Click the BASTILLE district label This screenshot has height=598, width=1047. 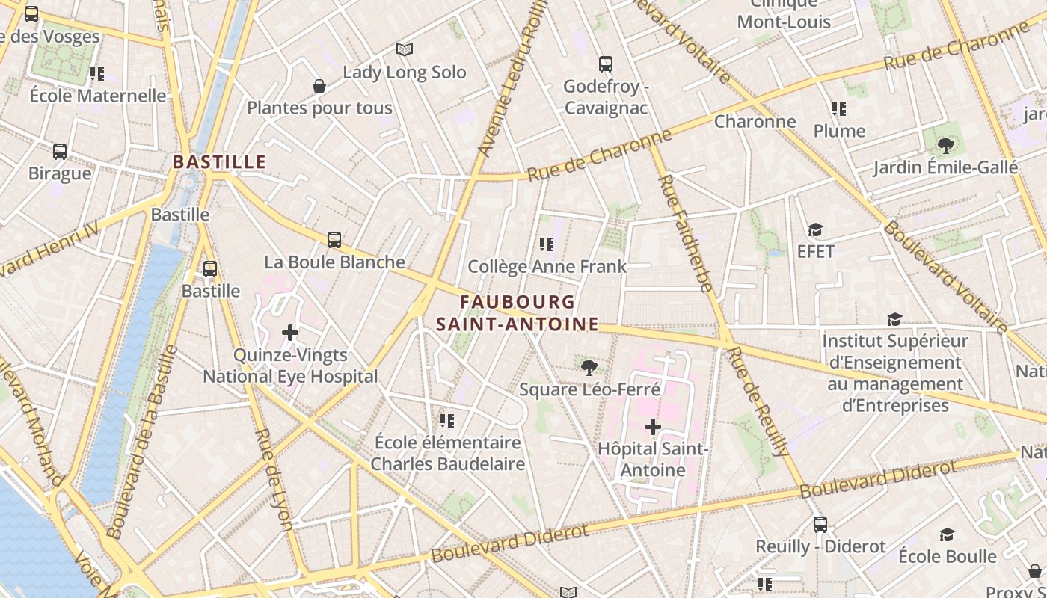click(x=219, y=161)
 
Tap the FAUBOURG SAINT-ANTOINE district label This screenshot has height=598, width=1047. click(x=518, y=313)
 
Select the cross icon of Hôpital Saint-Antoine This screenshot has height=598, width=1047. click(x=653, y=427)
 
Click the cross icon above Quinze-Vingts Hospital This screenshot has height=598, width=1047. click(x=290, y=333)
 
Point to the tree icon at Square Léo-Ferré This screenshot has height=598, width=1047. click(x=589, y=367)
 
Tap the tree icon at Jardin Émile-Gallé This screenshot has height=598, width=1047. click(x=945, y=145)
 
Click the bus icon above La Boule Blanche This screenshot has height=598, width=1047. click(x=334, y=240)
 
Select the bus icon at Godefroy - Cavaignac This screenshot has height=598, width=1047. click(x=606, y=64)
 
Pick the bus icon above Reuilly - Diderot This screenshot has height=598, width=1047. click(x=820, y=525)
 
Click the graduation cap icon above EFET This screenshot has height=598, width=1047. click(x=815, y=229)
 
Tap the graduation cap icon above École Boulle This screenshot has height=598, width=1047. click(x=947, y=534)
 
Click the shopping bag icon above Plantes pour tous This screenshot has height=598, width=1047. click(x=319, y=86)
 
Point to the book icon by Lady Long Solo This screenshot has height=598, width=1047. click(x=405, y=49)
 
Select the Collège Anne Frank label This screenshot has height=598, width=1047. click(x=547, y=266)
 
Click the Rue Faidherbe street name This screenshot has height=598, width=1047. click(x=685, y=233)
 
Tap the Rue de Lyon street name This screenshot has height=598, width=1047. click(x=273, y=478)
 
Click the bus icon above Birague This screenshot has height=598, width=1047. click(x=60, y=152)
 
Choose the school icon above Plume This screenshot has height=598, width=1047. click(x=839, y=109)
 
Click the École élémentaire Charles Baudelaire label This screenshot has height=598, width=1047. click(x=447, y=452)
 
